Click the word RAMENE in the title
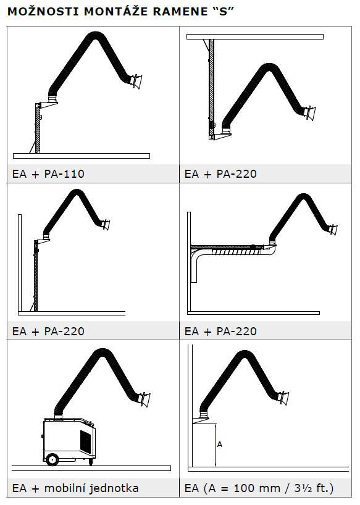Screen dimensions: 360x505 click(x=180, y=12)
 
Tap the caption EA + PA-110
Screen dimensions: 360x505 click(x=48, y=174)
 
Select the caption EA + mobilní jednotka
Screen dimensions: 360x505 click(x=75, y=488)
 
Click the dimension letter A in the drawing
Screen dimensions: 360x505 click(x=220, y=444)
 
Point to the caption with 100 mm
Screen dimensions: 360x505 click(x=259, y=488)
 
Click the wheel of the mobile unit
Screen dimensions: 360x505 click(x=52, y=459)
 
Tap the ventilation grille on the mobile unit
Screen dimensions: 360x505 click(x=86, y=441)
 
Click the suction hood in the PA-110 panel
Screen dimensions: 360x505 click(x=136, y=81)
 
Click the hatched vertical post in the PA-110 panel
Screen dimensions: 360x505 click(x=38, y=128)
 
